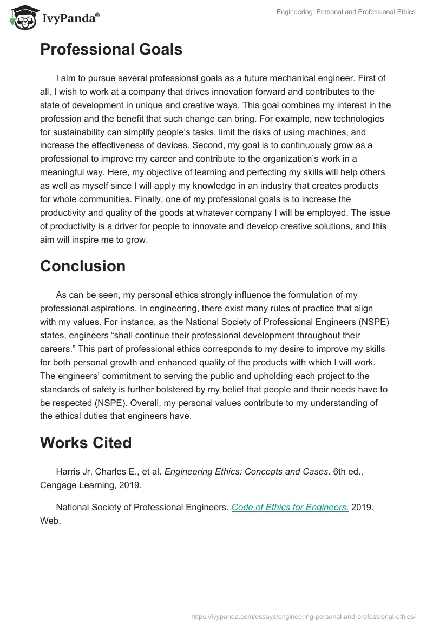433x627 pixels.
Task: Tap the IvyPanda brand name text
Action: (x=70, y=19)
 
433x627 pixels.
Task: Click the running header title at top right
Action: (x=346, y=12)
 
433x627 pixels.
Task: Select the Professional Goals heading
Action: (x=111, y=50)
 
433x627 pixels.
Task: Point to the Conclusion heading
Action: (x=83, y=266)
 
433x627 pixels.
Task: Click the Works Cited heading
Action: (x=86, y=443)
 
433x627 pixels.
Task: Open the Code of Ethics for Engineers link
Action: (x=290, y=507)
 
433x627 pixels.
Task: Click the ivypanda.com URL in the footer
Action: (x=303, y=616)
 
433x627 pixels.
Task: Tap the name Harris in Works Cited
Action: (x=69, y=471)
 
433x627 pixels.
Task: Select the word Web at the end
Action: (x=49, y=521)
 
